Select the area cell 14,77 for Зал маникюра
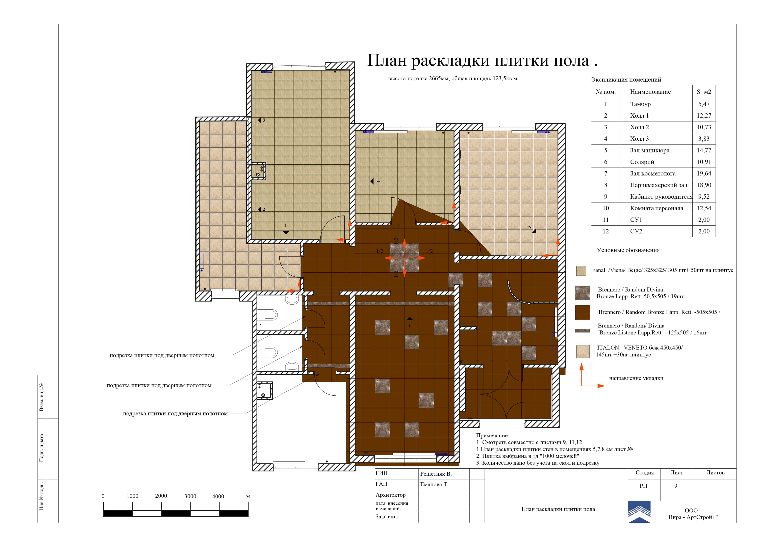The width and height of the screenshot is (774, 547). (x=704, y=150)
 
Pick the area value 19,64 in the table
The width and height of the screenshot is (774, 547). (x=704, y=174)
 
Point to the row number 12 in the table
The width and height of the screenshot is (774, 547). (x=605, y=231)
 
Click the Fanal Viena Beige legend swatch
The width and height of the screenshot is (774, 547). (x=581, y=271)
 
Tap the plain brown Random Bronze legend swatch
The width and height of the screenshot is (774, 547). (x=583, y=312)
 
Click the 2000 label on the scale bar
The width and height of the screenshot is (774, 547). (x=161, y=496)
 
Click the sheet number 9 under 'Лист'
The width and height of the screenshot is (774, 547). (x=676, y=486)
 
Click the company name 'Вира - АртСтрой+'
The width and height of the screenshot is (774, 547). (x=692, y=517)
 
